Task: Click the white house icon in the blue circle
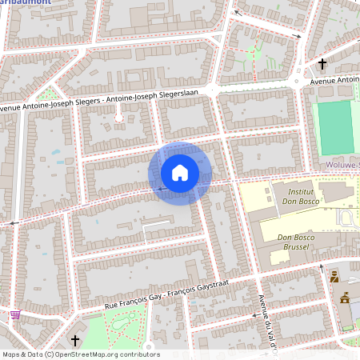180,173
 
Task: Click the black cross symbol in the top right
323,64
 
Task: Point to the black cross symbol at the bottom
76,340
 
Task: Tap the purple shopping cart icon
15,315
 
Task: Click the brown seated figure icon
334,278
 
